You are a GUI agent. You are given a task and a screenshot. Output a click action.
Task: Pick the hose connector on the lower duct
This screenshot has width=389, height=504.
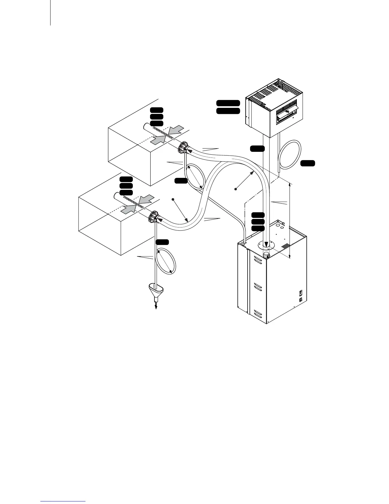point(153,218)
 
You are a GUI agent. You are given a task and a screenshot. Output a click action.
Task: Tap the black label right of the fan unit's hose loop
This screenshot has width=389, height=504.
point(308,163)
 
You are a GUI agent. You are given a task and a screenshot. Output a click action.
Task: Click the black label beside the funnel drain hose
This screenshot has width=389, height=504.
point(162,242)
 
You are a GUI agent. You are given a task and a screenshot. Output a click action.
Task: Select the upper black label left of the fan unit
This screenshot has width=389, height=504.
point(228,103)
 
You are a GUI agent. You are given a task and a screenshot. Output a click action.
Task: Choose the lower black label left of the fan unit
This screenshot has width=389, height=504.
point(228,111)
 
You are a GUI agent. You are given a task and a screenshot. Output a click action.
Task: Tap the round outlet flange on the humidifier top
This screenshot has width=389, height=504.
point(267,245)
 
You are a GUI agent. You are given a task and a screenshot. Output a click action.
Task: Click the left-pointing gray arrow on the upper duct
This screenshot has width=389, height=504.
point(176,130)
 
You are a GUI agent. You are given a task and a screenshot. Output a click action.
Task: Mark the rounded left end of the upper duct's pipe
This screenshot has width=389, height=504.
point(145,126)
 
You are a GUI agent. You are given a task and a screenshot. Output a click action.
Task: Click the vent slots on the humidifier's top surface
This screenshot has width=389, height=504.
point(285,246)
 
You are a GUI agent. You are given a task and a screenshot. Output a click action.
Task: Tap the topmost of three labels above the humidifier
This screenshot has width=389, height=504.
point(258,215)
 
